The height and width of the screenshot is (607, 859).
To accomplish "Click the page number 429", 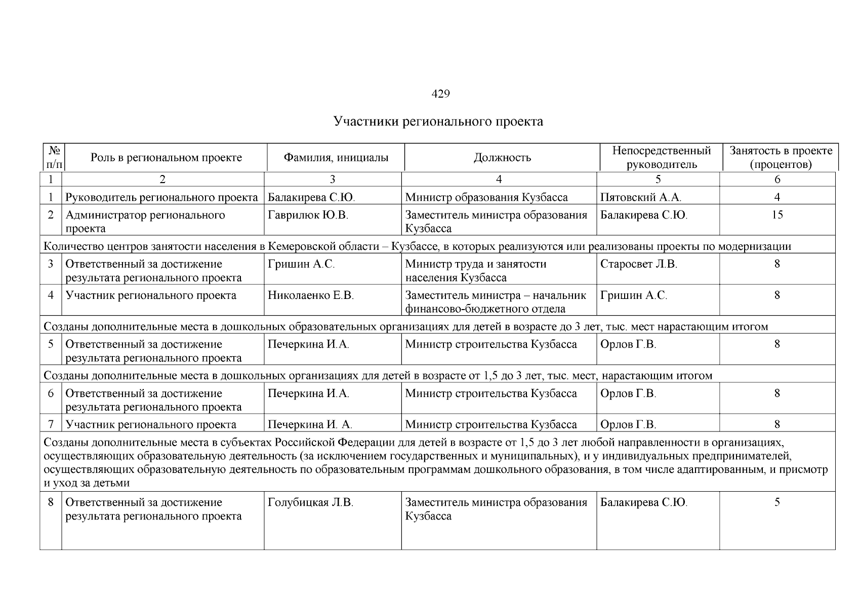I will click(x=440, y=94).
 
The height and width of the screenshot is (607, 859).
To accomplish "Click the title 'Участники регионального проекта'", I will click(x=438, y=121).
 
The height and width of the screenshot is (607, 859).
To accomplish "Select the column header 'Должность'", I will click(x=502, y=157).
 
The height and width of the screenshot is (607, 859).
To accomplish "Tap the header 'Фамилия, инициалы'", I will click(x=336, y=157).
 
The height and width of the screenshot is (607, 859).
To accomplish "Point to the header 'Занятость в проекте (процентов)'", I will click(x=781, y=157).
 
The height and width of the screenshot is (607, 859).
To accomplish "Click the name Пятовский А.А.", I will click(x=640, y=197).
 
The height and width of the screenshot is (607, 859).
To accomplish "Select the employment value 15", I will click(x=777, y=215).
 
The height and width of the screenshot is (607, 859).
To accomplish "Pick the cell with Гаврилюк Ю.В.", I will click(x=308, y=215).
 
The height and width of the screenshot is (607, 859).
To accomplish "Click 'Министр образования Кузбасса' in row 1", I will click(x=486, y=197).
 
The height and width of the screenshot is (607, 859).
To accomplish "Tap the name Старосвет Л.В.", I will click(x=638, y=264).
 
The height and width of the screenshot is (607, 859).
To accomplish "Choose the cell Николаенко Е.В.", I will click(x=310, y=295).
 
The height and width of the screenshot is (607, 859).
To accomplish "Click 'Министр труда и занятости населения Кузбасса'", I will click(x=476, y=271).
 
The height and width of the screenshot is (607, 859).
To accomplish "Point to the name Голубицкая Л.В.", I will click(x=310, y=502).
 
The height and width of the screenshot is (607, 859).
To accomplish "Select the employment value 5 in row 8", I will click(x=777, y=502).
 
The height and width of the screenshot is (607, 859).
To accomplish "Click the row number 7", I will click(x=51, y=424).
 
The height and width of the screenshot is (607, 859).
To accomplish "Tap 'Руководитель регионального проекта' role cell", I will click(x=161, y=197).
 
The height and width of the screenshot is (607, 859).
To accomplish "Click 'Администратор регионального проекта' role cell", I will click(x=145, y=222).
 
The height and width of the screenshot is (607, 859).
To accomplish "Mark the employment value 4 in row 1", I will click(x=777, y=197).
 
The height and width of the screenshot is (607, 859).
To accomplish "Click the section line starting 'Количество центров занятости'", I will click(x=417, y=246).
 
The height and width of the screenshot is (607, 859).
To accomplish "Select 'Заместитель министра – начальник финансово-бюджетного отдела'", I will click(x=495, y=302).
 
